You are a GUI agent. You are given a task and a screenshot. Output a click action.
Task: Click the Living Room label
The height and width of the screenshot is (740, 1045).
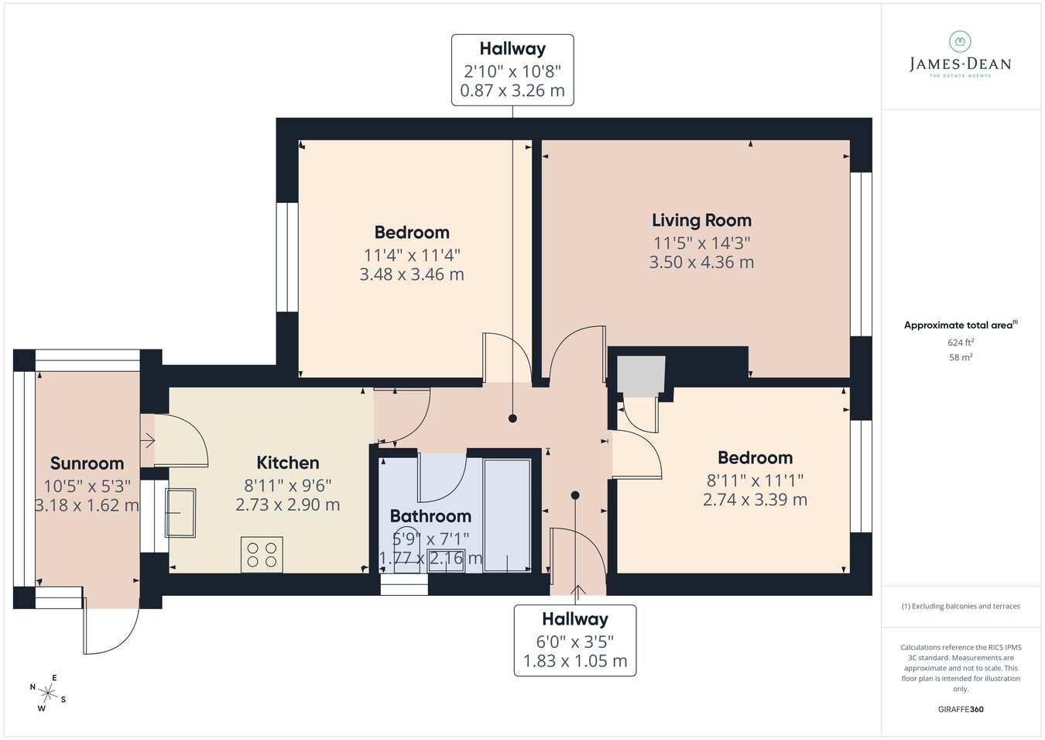(701, 220)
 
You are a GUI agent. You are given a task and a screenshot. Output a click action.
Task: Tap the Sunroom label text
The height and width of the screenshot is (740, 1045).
(87, 463)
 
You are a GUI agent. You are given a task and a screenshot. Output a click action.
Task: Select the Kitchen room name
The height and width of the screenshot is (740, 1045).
(288, 463)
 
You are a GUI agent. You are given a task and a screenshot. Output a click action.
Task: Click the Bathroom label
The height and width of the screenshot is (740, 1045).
(430, 516)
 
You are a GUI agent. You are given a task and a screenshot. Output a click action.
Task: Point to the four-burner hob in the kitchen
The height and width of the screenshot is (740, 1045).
(262, 554)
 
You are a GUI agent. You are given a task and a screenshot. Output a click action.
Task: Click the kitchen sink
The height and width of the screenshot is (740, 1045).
(180, 513)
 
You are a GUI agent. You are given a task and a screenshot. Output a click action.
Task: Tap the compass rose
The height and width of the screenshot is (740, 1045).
(47, 694)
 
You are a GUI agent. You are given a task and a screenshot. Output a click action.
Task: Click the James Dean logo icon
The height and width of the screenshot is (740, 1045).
(960, 42)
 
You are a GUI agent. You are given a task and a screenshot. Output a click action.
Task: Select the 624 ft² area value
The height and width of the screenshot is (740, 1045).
(961, 342)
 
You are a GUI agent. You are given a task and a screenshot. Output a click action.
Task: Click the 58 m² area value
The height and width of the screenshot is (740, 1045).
(961, 357)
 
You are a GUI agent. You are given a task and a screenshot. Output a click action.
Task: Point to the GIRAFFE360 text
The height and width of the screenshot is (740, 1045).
(961, 709)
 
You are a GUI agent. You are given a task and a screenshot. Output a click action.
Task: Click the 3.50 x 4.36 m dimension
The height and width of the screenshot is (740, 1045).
(701, 262)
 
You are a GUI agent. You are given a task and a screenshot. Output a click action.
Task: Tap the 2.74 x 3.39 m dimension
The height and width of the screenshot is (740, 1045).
(755, 500)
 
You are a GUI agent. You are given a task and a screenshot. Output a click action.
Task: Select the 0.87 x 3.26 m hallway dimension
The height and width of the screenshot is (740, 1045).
(512, 90)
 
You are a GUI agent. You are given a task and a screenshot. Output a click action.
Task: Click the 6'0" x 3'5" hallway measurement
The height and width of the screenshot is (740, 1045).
(574, 642)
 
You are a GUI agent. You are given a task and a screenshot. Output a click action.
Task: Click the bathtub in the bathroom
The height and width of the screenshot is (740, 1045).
(507, 515)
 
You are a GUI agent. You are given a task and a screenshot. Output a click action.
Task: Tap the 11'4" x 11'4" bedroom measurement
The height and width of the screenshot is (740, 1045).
(412, 256)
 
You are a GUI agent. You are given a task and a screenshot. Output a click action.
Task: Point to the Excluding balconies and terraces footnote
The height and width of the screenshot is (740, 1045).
(961, 606)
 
